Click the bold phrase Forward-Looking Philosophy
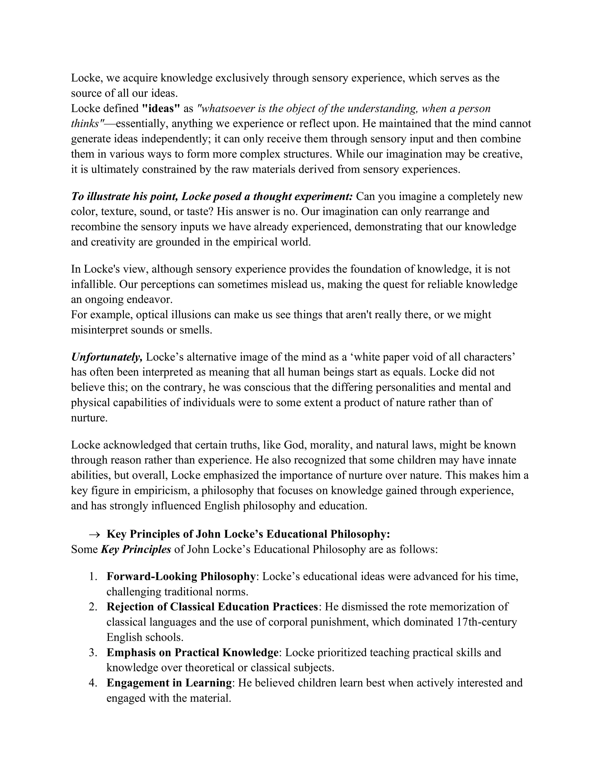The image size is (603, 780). click(x=181, y=576)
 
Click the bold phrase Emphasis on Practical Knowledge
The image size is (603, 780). click(x=193, y=653)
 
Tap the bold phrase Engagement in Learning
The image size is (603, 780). click(x=169, y=683)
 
